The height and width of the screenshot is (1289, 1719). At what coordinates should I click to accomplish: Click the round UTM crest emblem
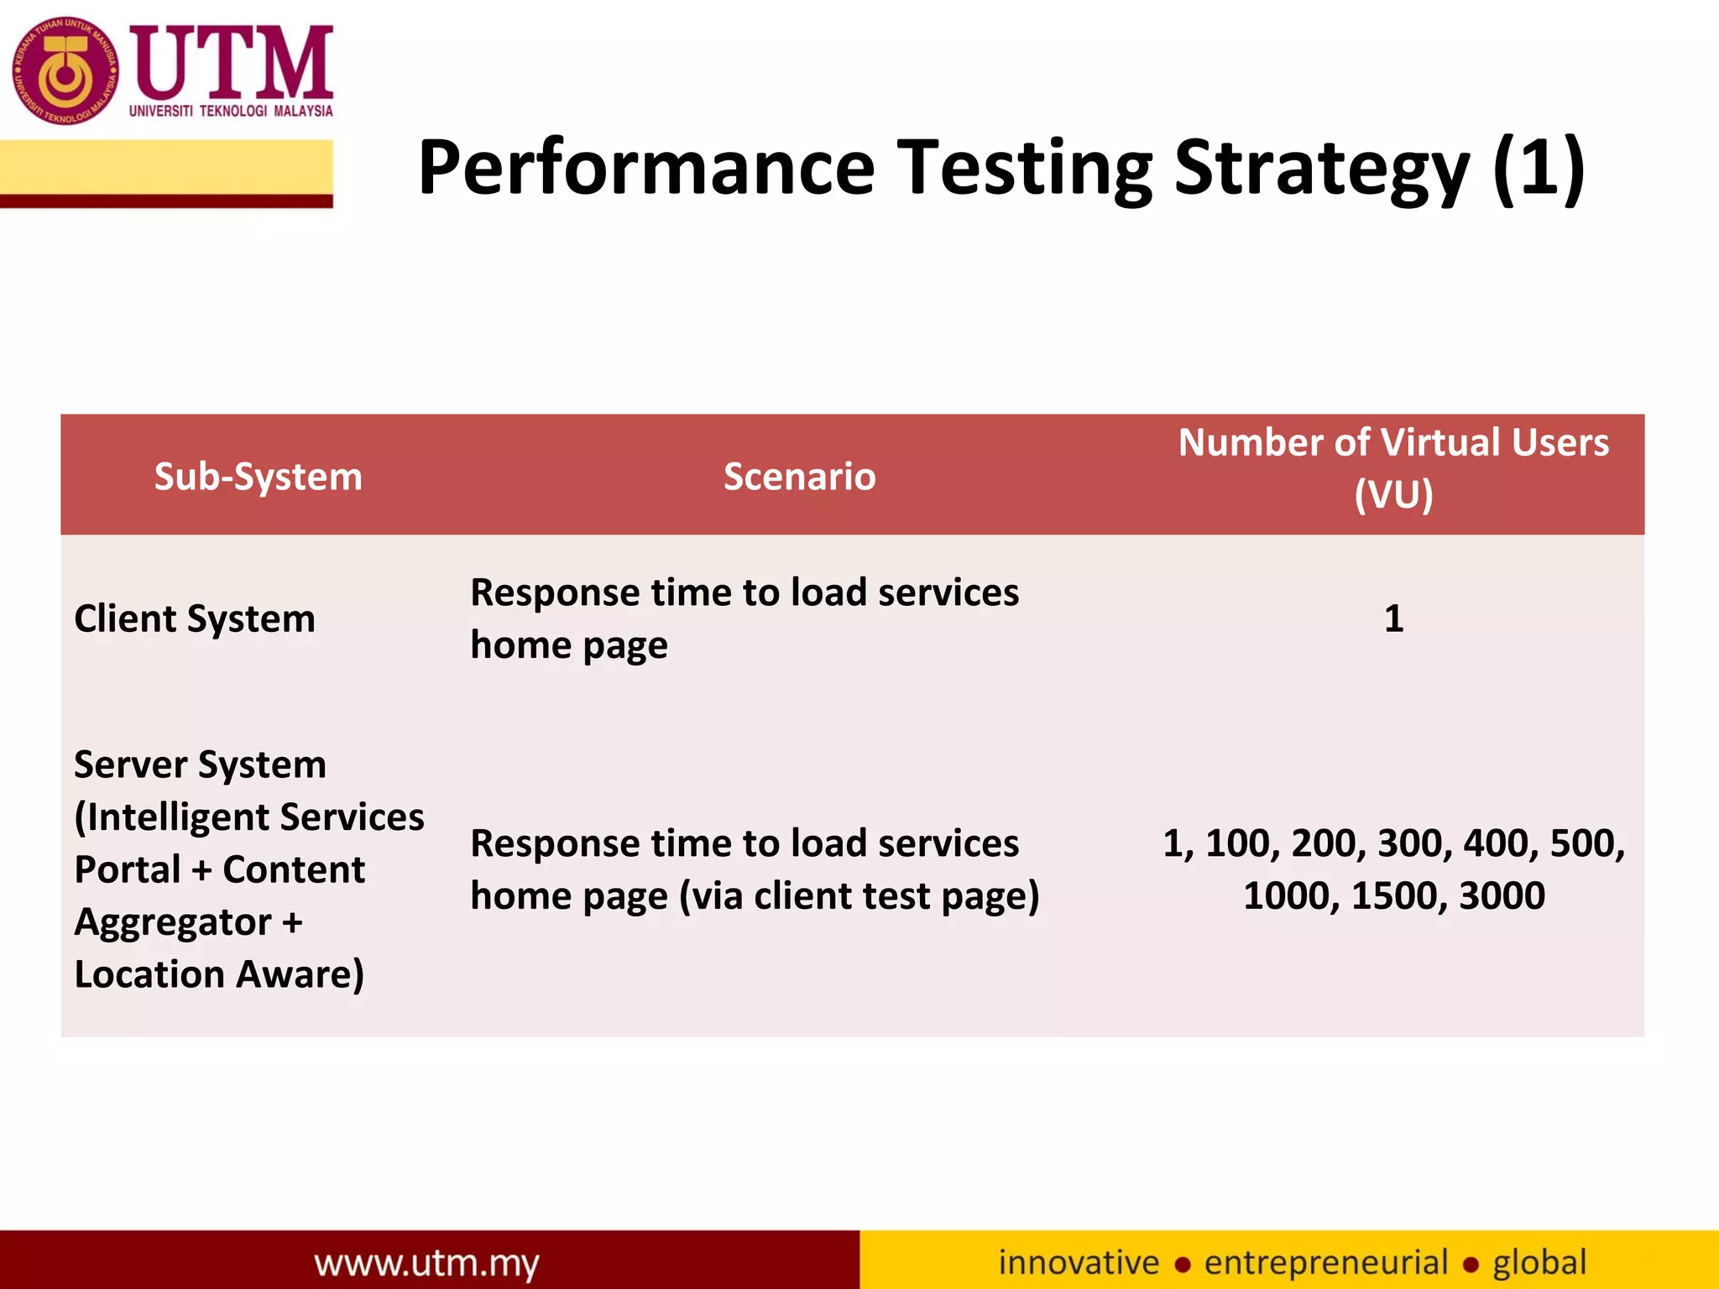[65, 71]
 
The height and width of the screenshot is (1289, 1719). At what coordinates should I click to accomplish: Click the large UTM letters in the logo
[232, 62]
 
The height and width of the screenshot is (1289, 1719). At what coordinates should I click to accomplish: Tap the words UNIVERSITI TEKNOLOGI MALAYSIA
[231, 111]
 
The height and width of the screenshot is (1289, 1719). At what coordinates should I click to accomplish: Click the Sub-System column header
[258, 477]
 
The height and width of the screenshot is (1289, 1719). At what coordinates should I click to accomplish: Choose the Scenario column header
[799, 477]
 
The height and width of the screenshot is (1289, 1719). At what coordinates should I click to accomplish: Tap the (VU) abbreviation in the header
[1393, 495]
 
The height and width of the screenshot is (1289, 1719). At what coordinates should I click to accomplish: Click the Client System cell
[195, 619]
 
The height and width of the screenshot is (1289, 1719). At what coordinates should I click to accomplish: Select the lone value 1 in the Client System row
[1393, 619]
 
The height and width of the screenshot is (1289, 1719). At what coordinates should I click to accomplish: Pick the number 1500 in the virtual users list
[1393, 896]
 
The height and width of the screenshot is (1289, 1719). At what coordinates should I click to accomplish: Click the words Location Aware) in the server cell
[219, 975]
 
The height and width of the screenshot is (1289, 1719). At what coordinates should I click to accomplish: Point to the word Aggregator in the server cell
[173, 923]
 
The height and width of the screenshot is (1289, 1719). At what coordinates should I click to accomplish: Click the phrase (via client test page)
[859, 896]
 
